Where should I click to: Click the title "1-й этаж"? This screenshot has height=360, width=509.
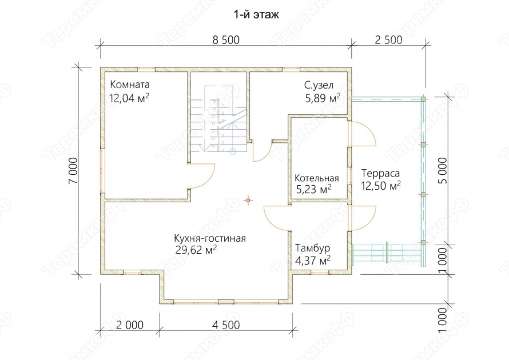[x=256, y=15]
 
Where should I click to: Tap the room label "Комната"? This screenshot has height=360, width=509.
[x=130, y=85]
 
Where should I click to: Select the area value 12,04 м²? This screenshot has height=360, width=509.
[x=129, y=98]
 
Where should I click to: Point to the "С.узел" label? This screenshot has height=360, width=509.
[x=319, y=85]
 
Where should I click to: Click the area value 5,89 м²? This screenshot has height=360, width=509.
[x=323, y=98]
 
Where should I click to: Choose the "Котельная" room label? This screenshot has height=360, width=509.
[x=316, y=178]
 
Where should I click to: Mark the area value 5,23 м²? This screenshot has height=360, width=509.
[x=314, y=189]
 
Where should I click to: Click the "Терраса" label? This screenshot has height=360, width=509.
[x=380, y=173]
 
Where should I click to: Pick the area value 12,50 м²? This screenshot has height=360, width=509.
[x=381, y=186]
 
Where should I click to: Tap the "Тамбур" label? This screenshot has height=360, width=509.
[x=313, y=248]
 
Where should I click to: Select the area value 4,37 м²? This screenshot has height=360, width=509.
[x=313, y=260]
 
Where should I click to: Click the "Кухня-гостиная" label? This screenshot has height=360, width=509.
[x=210, y=238]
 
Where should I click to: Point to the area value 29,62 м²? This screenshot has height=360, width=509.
[x=196, y=250]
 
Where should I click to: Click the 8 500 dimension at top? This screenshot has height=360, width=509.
[x=226, y=40]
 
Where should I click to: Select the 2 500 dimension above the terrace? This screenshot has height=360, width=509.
[x=388, y=40]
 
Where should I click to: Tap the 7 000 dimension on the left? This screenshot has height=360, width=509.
[x=73, y=171]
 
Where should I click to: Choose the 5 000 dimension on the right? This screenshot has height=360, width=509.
[x=442, y=171]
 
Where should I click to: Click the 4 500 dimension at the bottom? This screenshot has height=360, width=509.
[x=226, y=325]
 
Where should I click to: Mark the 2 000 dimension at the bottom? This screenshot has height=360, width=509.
[x=129, y=325]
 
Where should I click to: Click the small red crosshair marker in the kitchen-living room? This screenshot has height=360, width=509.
[x=248, y=201]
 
